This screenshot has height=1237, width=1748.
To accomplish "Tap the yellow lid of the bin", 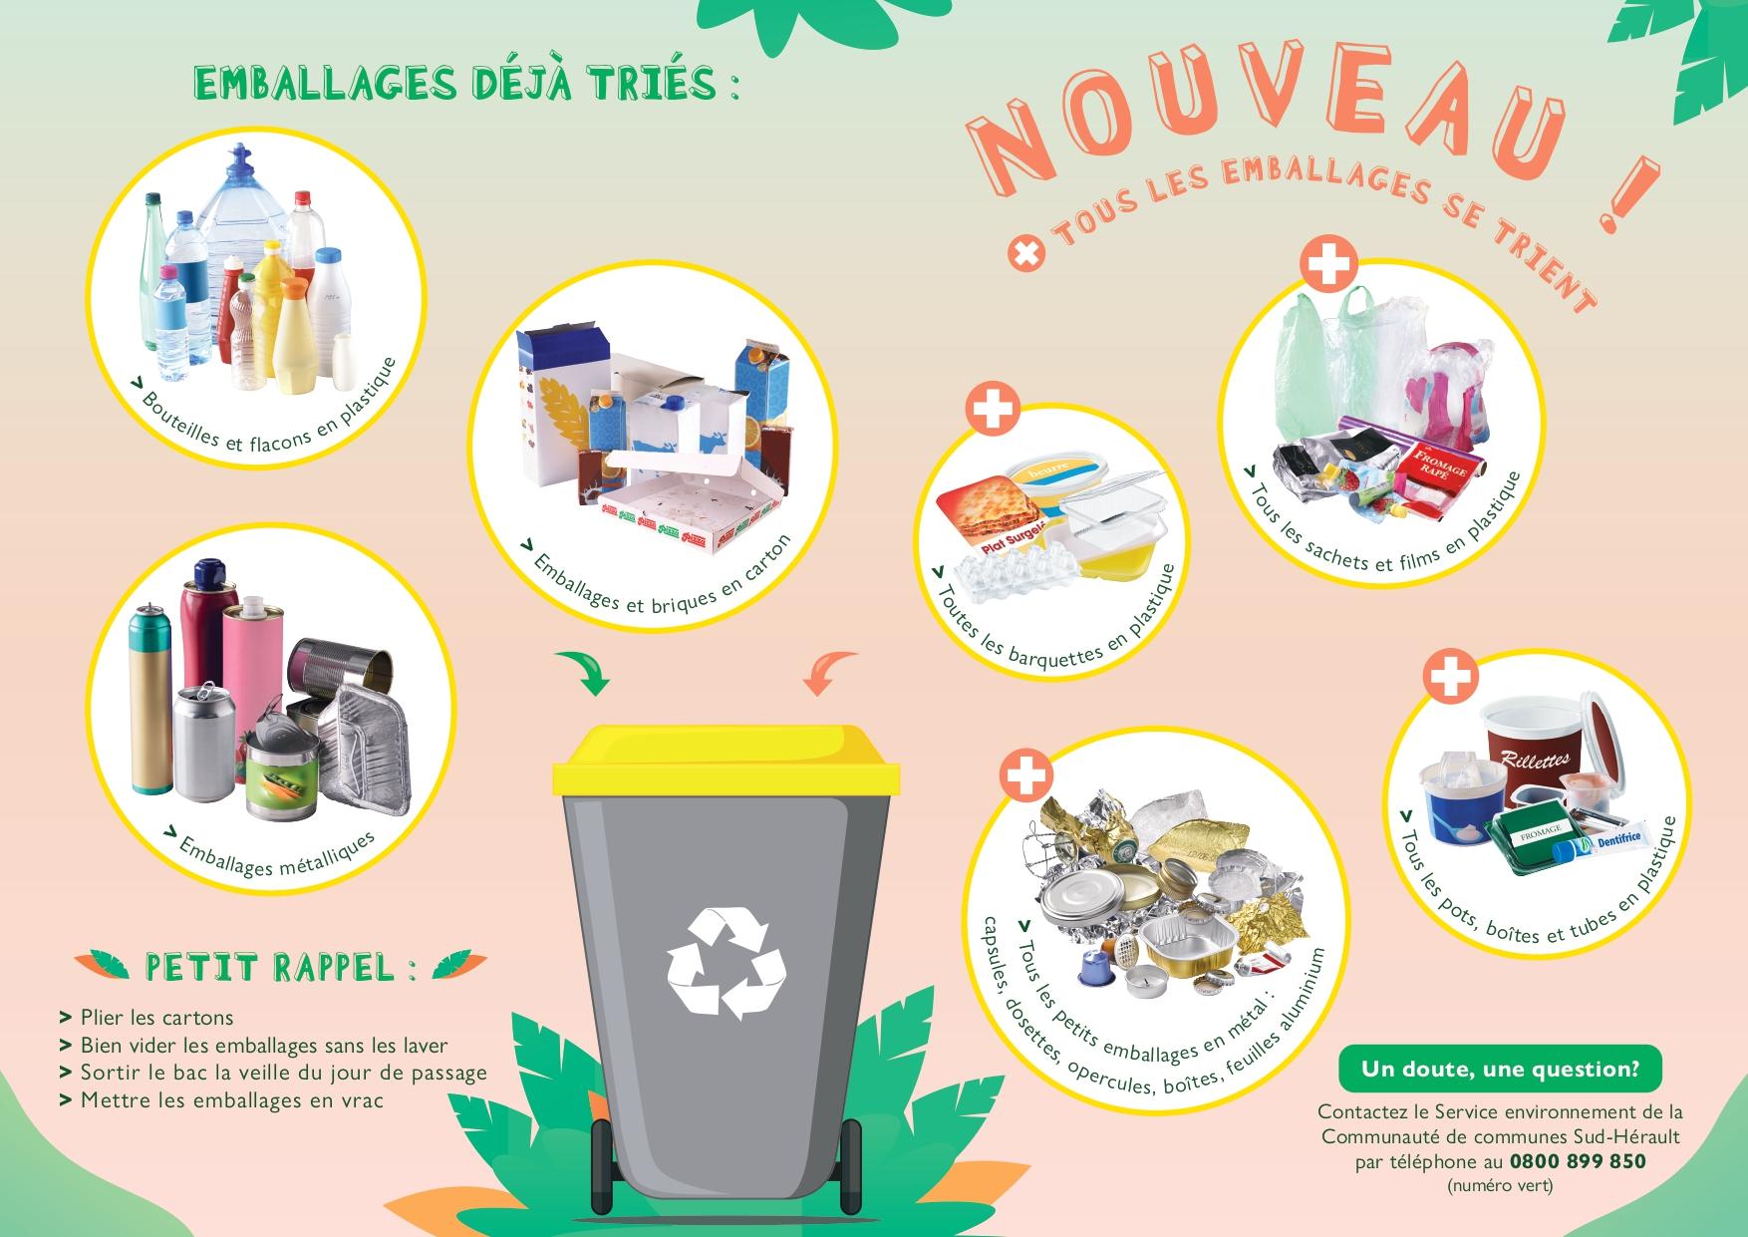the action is (x=728, y=759).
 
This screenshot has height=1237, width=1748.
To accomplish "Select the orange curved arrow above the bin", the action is (x=829, y=671).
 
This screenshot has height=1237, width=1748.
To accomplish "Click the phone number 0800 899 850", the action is (x=1578, y=1161).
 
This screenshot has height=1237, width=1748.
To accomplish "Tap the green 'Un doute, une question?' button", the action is (x=1500, y=1070).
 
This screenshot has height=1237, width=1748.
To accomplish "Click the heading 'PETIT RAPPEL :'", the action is (x=280, y=967).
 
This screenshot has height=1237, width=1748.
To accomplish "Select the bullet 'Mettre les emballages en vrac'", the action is (x=222, y=1101).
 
